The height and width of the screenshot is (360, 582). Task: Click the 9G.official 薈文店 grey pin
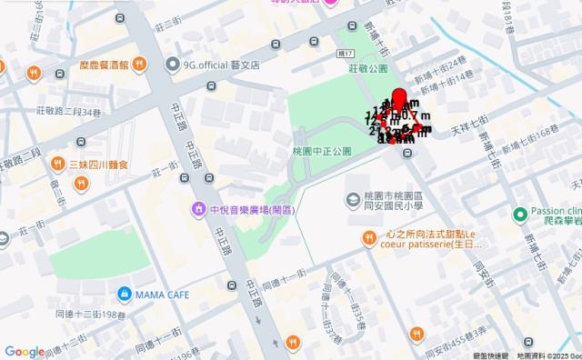click(x=173, y=64)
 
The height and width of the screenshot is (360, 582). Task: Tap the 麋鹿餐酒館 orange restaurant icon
click(x=139, y=64)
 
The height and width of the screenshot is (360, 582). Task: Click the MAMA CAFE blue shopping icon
click(x=124, y=294)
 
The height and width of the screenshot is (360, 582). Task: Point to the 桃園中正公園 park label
click(x=322, y=151)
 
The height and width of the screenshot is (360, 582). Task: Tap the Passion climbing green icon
click(x=519, y=214)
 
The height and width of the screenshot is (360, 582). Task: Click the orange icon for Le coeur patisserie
click(x=368, y=238)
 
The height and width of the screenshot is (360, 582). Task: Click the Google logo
click(x=24, y=352)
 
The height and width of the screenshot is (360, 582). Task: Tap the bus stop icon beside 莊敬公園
click(x=314, y=41)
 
